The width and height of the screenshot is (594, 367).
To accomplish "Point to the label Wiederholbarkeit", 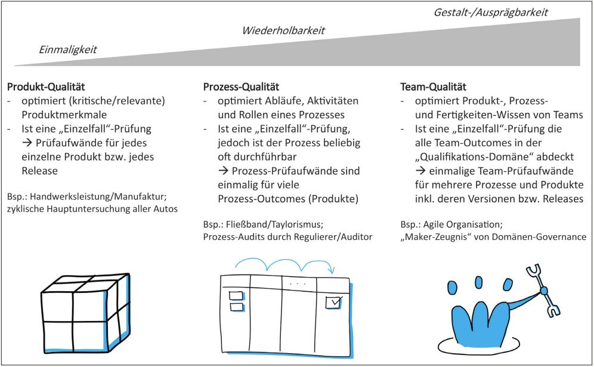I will tap(283, 30).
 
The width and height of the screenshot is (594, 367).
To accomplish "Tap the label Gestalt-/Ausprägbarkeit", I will tap(490, 11).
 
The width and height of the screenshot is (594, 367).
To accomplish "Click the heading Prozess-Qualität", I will tap(241, 87).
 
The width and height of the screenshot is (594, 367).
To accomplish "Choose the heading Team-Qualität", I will tap(433, 87).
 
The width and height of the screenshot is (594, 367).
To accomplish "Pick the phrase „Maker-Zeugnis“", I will tap(434, 236).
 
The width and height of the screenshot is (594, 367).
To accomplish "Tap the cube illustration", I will tap(85, 313).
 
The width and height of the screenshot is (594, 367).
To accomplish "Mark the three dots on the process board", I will tap(293, 284).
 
